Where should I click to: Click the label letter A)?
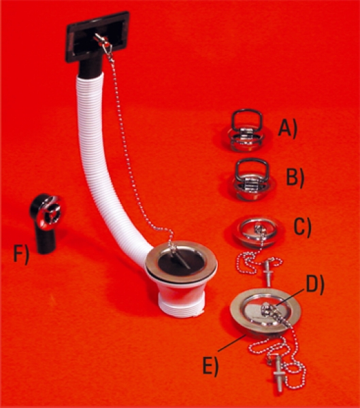click(287, 129)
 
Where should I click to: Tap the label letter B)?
click(295, 177)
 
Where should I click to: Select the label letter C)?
click(302, 227)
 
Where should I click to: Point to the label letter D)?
click(314, 285)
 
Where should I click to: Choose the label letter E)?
click(210, 366)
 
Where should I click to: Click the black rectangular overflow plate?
click(97, 37)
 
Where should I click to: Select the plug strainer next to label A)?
click(245, 131)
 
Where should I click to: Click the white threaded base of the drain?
click(180, 304)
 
